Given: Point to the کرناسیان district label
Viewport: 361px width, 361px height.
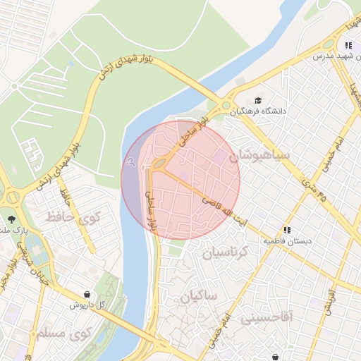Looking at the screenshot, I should [x=226, y=252].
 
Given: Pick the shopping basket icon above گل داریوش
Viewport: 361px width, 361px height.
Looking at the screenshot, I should [x=87, y=295].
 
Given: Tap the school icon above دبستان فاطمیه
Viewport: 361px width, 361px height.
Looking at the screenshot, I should [x=287, y=230].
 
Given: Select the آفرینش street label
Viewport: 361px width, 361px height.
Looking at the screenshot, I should [x=329, y=297].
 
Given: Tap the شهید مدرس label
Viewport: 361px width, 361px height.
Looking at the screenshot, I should [x=332, y=55].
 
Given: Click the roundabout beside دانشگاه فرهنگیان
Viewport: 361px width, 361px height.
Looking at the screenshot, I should [x=227, y=106].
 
